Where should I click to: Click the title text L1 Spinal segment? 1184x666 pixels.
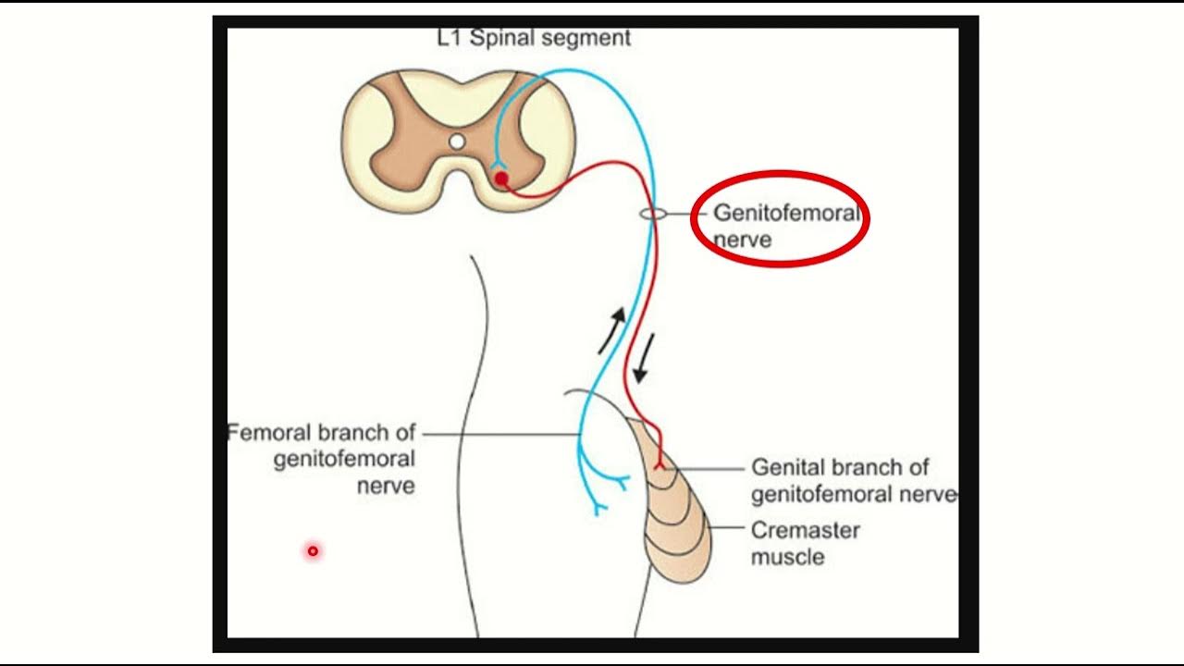click(534, 38)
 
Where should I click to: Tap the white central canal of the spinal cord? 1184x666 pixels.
click(457, 142)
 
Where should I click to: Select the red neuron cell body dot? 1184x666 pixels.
click(501, 178)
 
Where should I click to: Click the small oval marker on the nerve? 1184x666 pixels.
click(653, 214)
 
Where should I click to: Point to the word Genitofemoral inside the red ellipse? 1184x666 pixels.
click(785, 214)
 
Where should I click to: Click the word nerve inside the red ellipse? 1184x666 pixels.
click(742, 240)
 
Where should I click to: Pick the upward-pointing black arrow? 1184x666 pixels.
click(612, 331)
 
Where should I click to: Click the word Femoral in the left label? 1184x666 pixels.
click(270, 433)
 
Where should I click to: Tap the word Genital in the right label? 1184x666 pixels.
click(787, 467)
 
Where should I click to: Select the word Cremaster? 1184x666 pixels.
click(805, 531)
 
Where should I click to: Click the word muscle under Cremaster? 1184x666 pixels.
click(787, 557)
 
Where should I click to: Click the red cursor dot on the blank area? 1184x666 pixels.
click(313, 551)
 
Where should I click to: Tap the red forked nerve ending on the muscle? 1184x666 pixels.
click(660, 463)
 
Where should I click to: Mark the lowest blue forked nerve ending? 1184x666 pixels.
click(599, 508)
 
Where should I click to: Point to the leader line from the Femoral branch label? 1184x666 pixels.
click(499, 434)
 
